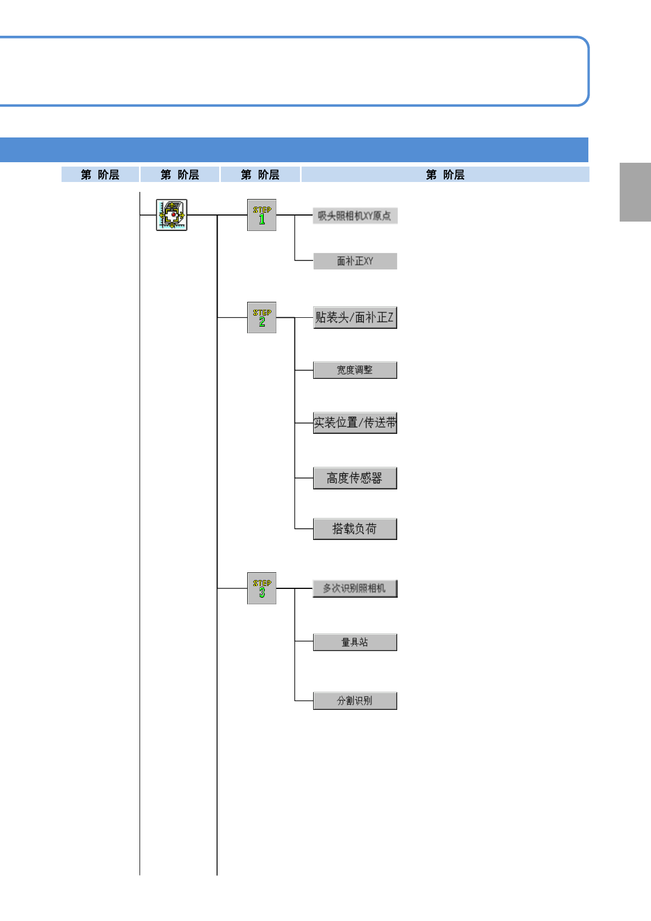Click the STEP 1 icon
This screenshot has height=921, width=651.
[261, 215]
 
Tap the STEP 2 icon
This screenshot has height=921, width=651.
[261, 318]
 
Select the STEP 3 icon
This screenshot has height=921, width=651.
[261, 588]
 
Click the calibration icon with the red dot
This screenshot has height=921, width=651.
[171, 215]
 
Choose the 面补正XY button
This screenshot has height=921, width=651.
[355, 261]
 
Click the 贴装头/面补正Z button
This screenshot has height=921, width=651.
[355, 317]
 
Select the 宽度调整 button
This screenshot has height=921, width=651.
[355, 370]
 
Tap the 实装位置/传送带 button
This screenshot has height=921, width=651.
[355, 423]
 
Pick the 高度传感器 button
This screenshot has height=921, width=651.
[355, 478]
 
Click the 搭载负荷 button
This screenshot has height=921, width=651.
[355, 529]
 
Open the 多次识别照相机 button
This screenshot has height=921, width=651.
[355, 588]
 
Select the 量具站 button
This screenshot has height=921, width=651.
[355, 642]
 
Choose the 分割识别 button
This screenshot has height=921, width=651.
[355, 701]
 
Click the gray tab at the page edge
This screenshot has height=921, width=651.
[635, 192]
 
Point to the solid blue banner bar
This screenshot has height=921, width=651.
[294, 150]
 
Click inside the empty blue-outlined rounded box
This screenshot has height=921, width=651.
[294, 71]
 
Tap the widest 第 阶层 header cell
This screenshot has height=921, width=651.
[445, 174]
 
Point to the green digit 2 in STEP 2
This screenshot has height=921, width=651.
[262, 322]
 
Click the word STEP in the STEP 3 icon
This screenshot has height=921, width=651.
[262, 583]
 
